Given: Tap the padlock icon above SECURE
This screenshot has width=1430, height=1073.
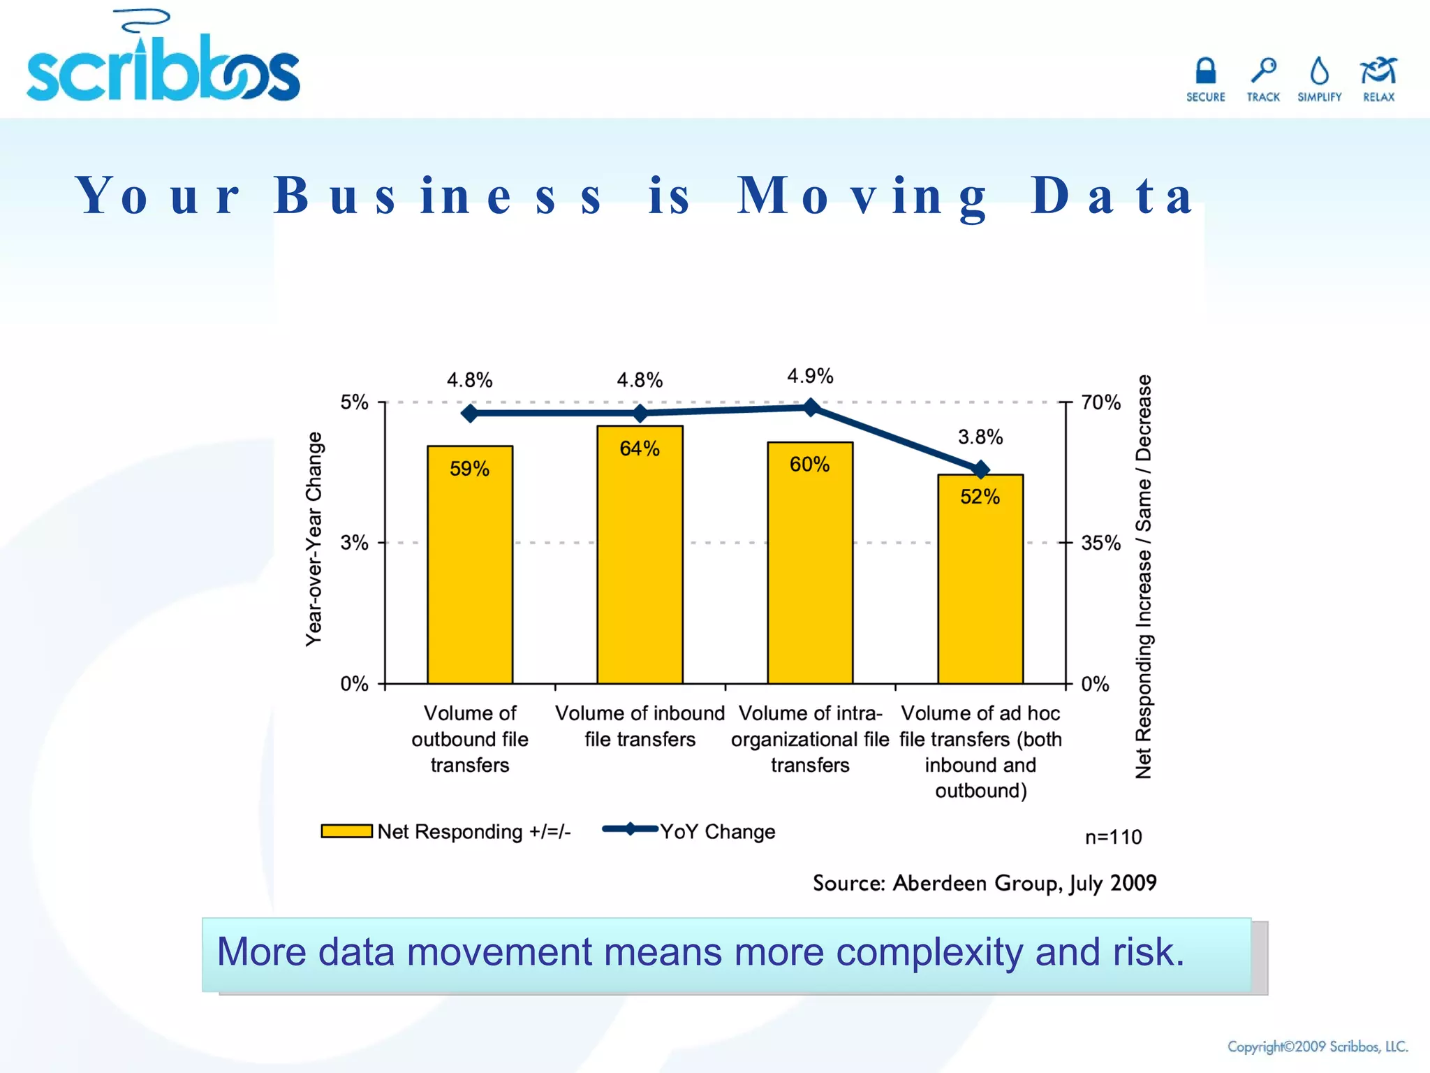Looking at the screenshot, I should (x=1205, y=71).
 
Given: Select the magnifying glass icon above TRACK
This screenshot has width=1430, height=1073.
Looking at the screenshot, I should (x=1263, y=71).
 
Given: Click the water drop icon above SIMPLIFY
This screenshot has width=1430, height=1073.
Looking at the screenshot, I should (x=1319, y=71).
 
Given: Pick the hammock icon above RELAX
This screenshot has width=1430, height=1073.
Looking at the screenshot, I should (x=1378, y=71).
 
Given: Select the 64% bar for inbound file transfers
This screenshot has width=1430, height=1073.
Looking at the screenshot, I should (x=640, y=555).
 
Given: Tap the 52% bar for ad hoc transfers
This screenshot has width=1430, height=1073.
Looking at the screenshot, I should (x=980, y=579).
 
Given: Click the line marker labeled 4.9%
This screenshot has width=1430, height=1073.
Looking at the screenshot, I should (x=811, y=407).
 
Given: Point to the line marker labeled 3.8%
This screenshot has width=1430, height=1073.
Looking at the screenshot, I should (x=981, y=469).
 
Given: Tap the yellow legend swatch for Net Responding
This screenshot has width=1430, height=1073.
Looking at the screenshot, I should (x=346, y=831).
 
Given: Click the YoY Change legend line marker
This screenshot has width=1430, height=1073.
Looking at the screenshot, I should (x=630, y=829).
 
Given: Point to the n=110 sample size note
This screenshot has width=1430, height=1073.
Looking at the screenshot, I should (x=1113, y=837).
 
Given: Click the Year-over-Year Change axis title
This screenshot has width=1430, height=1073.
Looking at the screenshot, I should (x=314, y=539).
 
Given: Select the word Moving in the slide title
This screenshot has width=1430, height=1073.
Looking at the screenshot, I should (x=863, y=196).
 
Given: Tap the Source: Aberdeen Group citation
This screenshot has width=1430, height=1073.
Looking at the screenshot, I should (x=985, y=883).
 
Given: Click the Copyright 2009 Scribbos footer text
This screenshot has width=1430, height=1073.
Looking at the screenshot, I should (x=1318, y=1046).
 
